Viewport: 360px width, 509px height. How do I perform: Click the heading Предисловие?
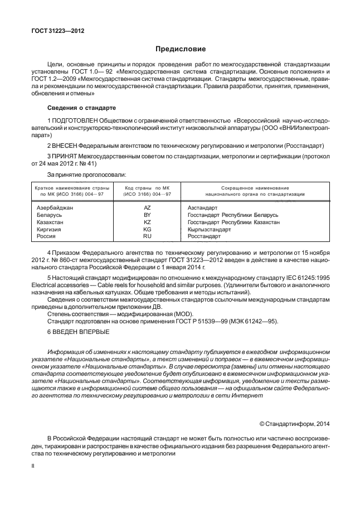180,49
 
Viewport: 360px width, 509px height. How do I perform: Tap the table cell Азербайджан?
55,207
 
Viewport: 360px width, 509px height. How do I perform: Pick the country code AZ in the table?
148,207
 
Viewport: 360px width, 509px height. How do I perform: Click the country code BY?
148,215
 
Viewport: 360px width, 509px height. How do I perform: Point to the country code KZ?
148,222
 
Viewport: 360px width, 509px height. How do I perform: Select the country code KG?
148,229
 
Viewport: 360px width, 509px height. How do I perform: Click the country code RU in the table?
148,236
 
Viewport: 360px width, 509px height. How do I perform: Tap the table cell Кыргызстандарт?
210,229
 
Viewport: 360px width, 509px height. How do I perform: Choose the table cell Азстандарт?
203,207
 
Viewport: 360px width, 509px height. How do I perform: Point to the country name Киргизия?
49,229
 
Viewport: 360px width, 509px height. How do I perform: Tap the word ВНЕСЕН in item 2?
65,145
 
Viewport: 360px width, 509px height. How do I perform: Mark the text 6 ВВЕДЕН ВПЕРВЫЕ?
78,332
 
